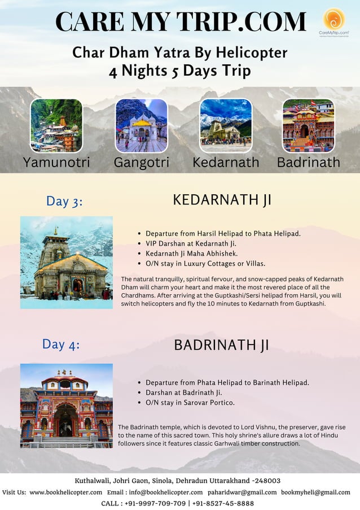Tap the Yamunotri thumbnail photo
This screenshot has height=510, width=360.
(x=56, y=125)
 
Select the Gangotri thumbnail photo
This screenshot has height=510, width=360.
(x=141, y=125)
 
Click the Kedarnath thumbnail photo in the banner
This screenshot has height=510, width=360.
(x=226, y=125)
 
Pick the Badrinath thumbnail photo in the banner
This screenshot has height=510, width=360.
(x=308, y=125)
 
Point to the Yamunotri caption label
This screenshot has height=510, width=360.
(x=56, y=162)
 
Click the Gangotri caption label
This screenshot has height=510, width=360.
(x=141, y=162)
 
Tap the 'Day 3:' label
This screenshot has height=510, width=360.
(x=64, y=201)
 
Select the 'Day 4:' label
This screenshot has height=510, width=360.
(x=61, y=344)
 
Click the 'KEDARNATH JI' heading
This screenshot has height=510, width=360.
(x=222, y=200)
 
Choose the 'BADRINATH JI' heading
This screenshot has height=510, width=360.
(x=221, y=345)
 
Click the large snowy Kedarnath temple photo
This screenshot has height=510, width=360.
(x=67, y=262)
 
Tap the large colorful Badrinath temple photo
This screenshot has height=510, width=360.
(x=67, y=406)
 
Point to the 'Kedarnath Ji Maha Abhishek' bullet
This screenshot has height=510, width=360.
(x=191, y=253)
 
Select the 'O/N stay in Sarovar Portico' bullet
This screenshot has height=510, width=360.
(x=190, y=403)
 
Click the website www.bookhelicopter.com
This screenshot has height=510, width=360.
(x=66, y=492)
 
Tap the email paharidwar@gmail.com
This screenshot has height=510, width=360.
(x=244, y=492)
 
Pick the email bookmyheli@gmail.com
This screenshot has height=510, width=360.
(x=315, y=492)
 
